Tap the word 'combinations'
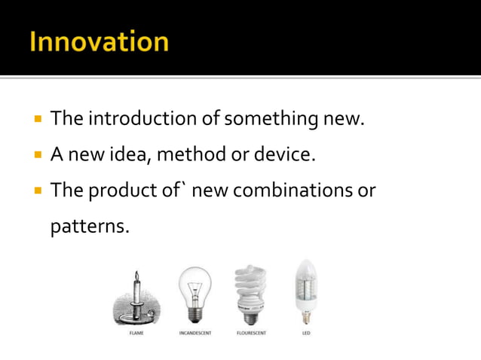pyautogui.click(x=295, y=191)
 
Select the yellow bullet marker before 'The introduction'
pyautogui.click(x=36, y=120)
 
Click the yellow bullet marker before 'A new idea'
pyautogui.click(x=36, y=156)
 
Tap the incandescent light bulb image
pyautogui.click(x=195, y=294)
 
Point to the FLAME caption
pyautogui.click(x=136, y=333)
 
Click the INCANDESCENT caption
pyautogui.click(x=195, y=333)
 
